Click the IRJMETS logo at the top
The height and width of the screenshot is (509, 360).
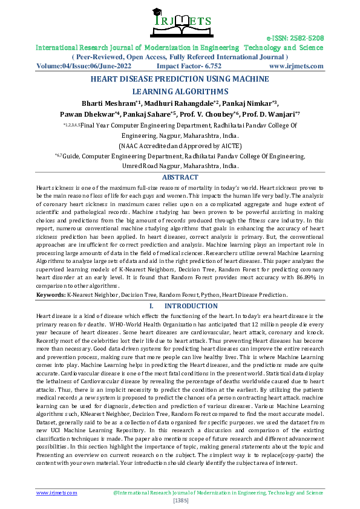180,22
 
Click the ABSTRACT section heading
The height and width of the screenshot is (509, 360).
180,177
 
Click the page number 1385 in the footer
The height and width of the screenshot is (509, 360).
180,501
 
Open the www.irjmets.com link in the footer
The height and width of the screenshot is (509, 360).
57,493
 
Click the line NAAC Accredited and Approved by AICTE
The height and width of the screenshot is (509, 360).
180,146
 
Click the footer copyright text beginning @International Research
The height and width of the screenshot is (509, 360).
218,493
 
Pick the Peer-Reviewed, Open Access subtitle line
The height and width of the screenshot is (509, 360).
180,57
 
